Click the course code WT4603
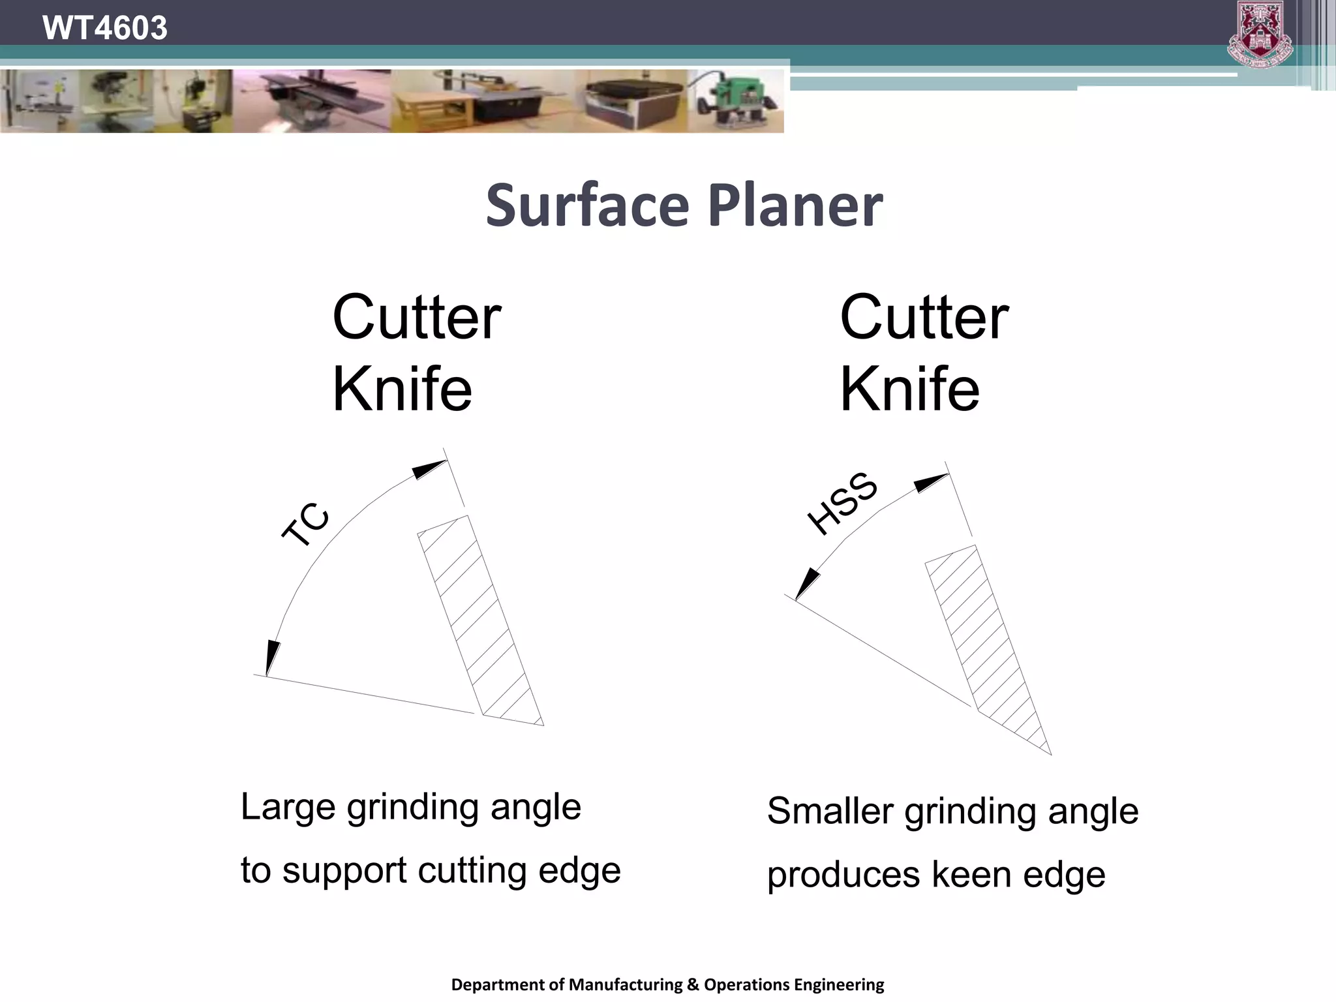click(104, 28)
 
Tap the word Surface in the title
click(587, 206)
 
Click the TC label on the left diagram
click(306, 524)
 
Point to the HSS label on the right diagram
click(842, 503)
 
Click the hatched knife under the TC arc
click(480, 620)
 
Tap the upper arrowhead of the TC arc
click(429, 469)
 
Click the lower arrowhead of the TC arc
click(272, 656)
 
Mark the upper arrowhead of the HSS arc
click(930, 483)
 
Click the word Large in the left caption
click(288, 808)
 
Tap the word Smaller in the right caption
click(830, 812)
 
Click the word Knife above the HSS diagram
click(909, 389)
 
